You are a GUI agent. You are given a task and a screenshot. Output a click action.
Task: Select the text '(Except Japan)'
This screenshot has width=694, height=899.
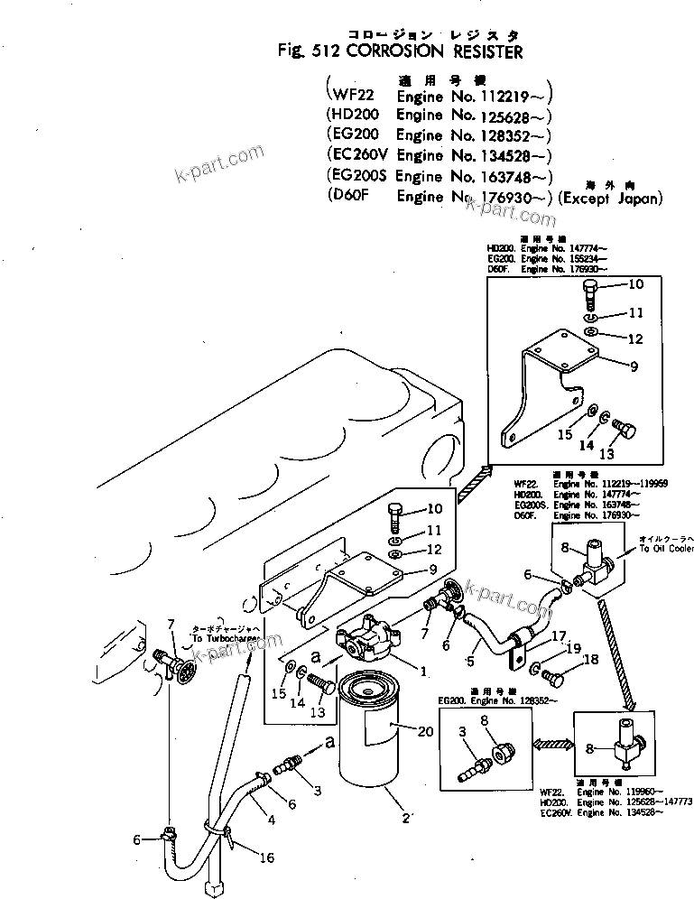pos(610,198)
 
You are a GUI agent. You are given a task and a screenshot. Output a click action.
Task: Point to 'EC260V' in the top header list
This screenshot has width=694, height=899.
pos(359,156)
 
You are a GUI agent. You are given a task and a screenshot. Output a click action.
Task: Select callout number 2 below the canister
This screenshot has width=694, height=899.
pos(406,818)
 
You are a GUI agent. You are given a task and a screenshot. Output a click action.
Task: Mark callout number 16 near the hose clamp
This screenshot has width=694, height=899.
pos(267,857)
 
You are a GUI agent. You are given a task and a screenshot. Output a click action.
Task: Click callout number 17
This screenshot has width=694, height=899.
pos(559,635)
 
